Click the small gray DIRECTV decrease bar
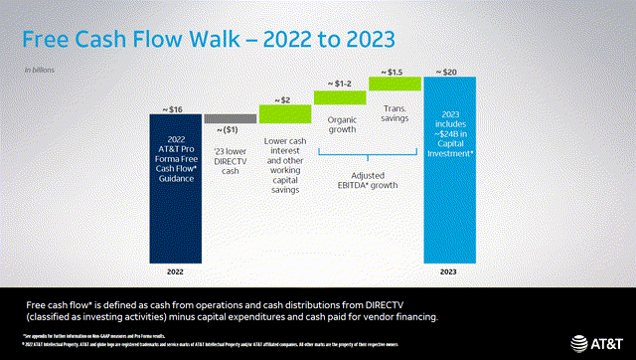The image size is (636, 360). tap(230, 118)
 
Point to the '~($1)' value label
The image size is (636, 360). tap(229, 130)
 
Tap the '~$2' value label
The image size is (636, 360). tap(285, 98)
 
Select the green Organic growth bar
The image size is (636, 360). tap(340, 97)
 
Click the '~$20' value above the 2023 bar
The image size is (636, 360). tap(450, 72)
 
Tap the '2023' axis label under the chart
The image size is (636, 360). tap(450, 270)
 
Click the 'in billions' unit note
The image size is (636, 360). tap(40, 70)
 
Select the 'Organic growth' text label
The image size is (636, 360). tap(340, 124)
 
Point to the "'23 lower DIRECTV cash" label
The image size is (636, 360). tap(230, 158)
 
